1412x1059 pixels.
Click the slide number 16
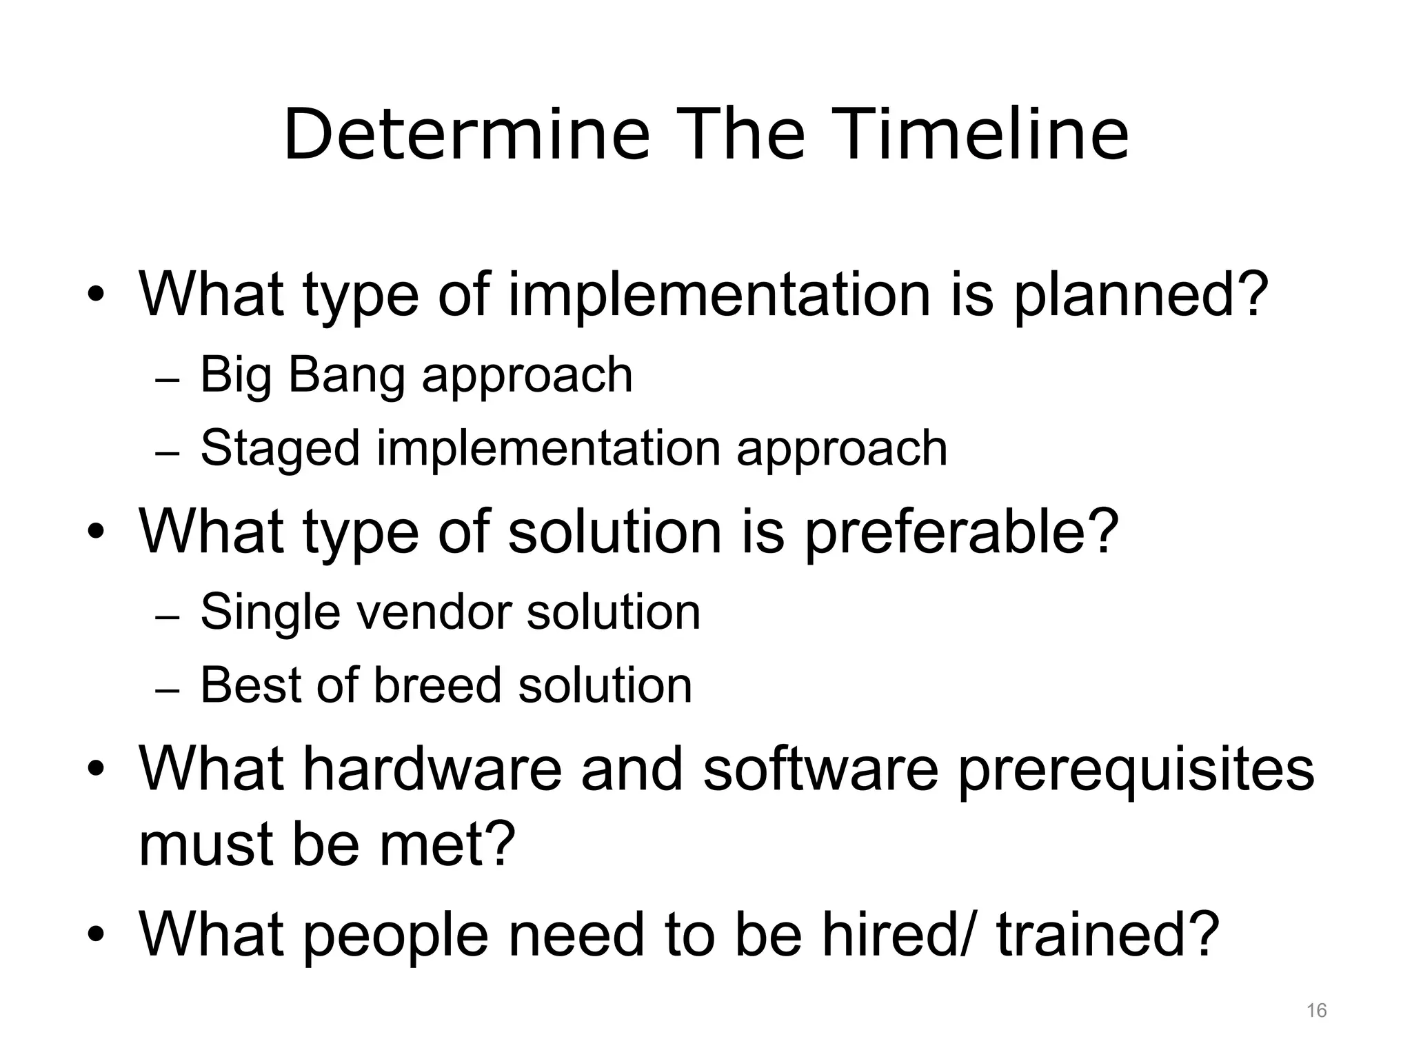(x=1316, y=1011)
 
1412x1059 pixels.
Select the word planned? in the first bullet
(x=1140, y=295)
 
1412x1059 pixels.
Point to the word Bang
(x=346, y=376)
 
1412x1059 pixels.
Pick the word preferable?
(x=961, y=532)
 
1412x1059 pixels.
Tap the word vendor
(x=433, y=612)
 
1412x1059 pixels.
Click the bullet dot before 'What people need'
(x=96, y=936)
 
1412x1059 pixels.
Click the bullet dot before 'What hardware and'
(x=96, y=770)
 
